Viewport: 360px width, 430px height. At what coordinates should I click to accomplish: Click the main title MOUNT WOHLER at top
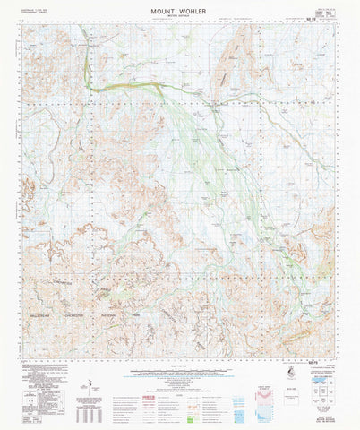(x=179, y=7)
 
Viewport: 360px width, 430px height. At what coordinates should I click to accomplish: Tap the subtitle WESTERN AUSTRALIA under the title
(x=179, y=14)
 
